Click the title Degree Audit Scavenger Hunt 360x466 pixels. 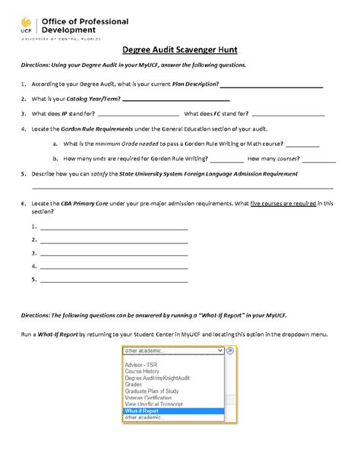coord(179,52)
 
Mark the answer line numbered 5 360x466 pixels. coord(114,281)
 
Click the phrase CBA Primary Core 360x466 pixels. coord(77,204)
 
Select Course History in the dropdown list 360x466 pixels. coord(140,369)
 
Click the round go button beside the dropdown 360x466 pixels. coord(231,351)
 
